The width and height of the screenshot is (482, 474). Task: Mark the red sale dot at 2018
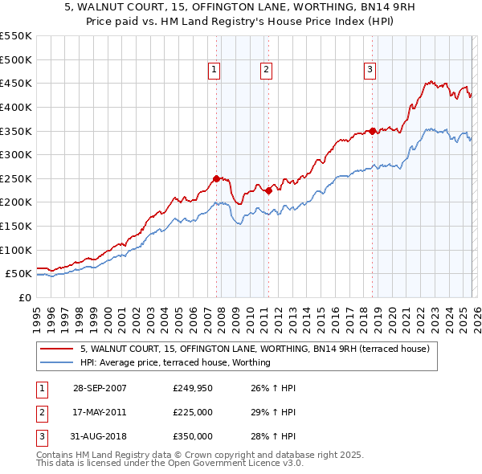[x=372, y=131]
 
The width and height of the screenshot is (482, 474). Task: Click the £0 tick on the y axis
[x=24, y=297]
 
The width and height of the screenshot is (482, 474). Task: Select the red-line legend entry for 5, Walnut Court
[x=255, y=349]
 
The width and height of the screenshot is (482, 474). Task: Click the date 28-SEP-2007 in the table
[x=99, y=388]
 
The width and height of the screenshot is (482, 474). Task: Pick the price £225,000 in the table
[x=193, y=412]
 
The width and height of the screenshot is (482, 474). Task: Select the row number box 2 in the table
[x=41, y=412]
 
